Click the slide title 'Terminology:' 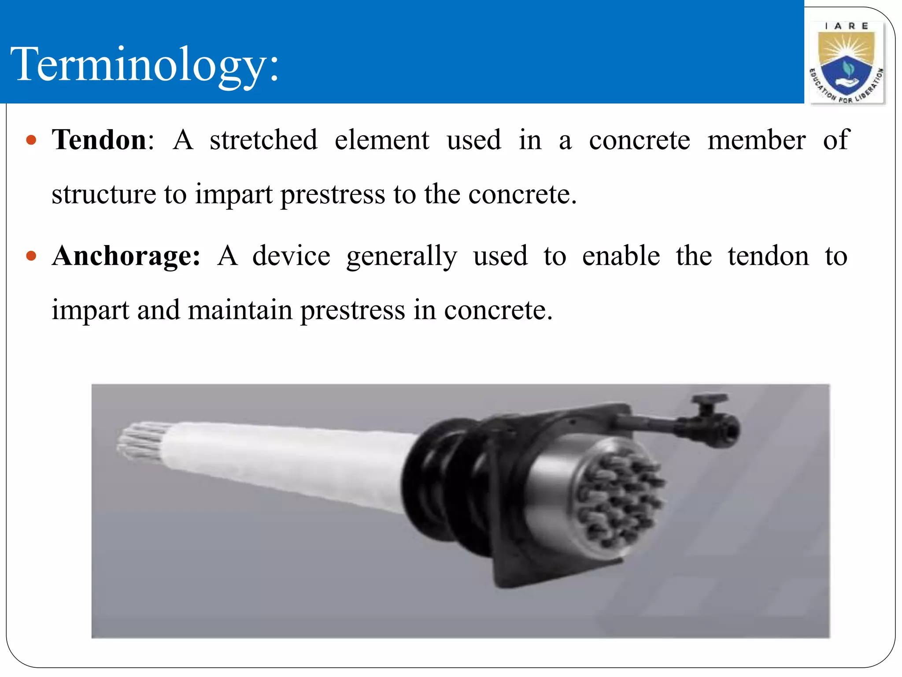point(144,64)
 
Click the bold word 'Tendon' point(100,140)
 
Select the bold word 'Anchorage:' point(126,256)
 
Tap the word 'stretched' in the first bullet point(263,140)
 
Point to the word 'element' point(382,140)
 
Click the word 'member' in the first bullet point(756,140)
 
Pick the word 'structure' point(104,194)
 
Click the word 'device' point(291,256)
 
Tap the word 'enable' point(621,256)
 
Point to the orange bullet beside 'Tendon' point(31,141)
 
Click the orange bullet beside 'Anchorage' point(31,256)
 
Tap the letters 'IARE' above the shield point(846,26)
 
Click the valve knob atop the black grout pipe point(709,400)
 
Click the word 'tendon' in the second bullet point(768,256)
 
